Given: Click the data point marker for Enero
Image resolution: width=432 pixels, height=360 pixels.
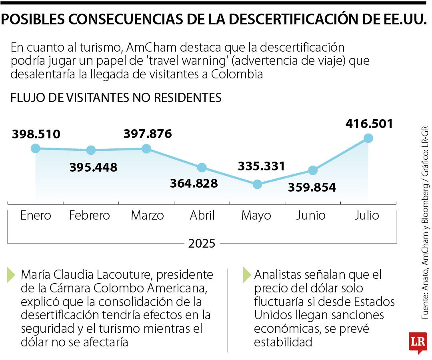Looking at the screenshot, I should click(x=35, y=148).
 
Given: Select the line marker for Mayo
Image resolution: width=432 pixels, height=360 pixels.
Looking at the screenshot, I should click(x=257, y=184).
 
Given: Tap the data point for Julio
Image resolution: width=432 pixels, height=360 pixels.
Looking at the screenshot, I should click(x=368, y=138).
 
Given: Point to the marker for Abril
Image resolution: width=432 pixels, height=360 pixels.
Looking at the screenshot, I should click(x=202, y=167).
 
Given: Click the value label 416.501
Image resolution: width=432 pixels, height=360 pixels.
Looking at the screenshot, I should click(x=369, y=123).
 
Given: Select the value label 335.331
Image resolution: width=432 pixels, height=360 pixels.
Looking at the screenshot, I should click(x=261, y=166).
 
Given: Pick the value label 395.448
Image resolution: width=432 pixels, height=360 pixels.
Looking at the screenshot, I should click(x=93, y=167).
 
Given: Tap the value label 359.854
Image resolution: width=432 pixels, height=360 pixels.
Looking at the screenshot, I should click(x=312, y=187).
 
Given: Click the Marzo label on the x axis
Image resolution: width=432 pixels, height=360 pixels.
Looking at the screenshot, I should click(x=147, y=216).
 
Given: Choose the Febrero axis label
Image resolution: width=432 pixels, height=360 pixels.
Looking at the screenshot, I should click(x=89, y=216).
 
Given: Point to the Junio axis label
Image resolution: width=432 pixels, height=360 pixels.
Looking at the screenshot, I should click(x=311, y=216).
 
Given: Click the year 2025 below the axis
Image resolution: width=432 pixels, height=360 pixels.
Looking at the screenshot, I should click(x=202, y=243).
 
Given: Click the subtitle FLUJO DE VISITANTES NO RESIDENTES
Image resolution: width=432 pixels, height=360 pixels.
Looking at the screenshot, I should click(x=116, y=98).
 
